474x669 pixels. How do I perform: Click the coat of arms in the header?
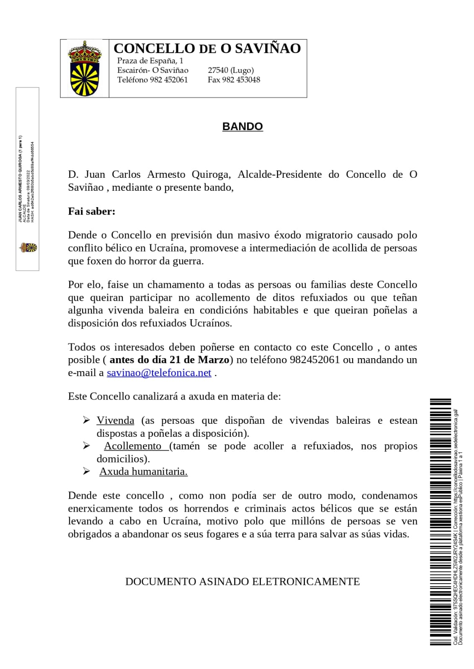tap(85, 68)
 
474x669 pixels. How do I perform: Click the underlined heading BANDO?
tap(242, 126)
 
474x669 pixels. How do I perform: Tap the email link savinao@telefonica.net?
tap(159, 373)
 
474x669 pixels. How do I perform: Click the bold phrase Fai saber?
tap(92, 211)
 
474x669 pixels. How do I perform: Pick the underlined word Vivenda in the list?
tap(115, 420)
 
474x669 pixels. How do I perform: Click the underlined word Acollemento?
tap(133, 446)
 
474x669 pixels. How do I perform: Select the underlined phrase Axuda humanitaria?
tap(143, 472)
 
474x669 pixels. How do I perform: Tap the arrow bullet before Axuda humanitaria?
tap(86, 472)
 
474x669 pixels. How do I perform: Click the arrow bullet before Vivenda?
tap(86, 420)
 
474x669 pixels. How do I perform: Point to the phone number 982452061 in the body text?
tap(314, 360)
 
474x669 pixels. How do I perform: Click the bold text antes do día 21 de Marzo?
tap(170, 360)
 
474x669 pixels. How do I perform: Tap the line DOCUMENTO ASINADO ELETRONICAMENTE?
tap(242, 582)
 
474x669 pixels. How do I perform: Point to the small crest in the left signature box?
tap(28, 248)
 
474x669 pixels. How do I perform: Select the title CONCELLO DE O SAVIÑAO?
tap(207, 49)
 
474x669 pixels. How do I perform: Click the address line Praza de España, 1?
tap(150, 61)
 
